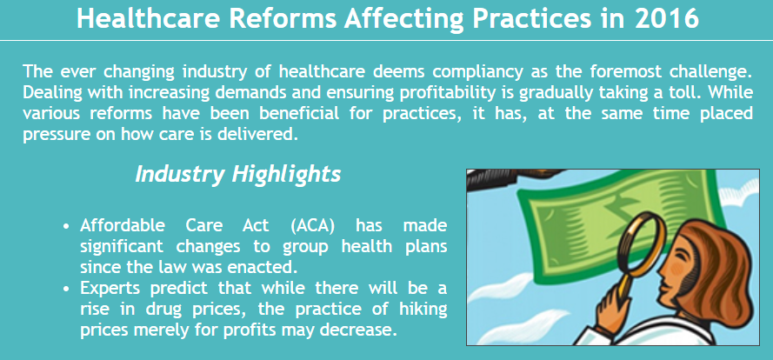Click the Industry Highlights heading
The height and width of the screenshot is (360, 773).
click(238, 174)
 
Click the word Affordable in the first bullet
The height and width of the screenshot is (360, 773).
click(123, 226)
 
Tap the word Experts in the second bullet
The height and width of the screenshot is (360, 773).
click(111, 288)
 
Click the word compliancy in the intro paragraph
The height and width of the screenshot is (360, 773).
click(477, 72)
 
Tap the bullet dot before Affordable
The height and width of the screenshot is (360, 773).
click(66, 227)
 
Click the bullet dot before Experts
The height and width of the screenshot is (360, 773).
click(66, 289)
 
